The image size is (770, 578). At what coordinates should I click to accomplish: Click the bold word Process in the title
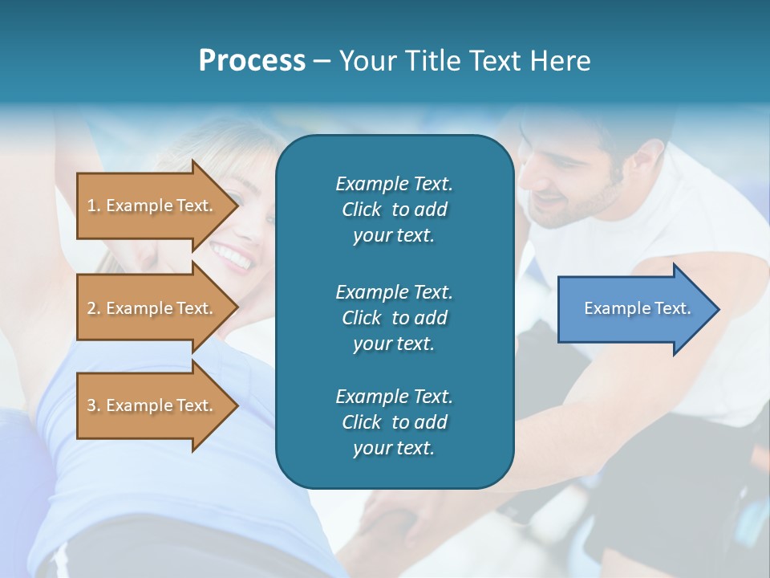click(x=252, y=61)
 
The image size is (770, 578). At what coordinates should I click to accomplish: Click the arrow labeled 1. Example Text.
click(x=152, y=206)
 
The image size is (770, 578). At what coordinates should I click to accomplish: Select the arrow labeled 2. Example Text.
click(x=152, y=308)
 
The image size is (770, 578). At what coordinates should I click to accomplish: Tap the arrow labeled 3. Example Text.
click(x=152, y=405)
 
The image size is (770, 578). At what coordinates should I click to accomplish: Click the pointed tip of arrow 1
click(x=237, y=206)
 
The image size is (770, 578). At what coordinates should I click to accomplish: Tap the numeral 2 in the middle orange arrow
click(x=91, y=308)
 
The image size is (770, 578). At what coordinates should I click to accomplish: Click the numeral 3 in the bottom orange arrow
click(x=91, y=405)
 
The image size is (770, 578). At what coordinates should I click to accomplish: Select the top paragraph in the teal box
click(x=394, y=210)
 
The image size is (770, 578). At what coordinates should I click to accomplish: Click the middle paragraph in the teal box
click(x=394, y=317)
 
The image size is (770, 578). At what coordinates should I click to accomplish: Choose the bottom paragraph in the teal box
click(x=394, y=422)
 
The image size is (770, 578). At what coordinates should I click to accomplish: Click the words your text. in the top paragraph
click(x=394, y=236)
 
